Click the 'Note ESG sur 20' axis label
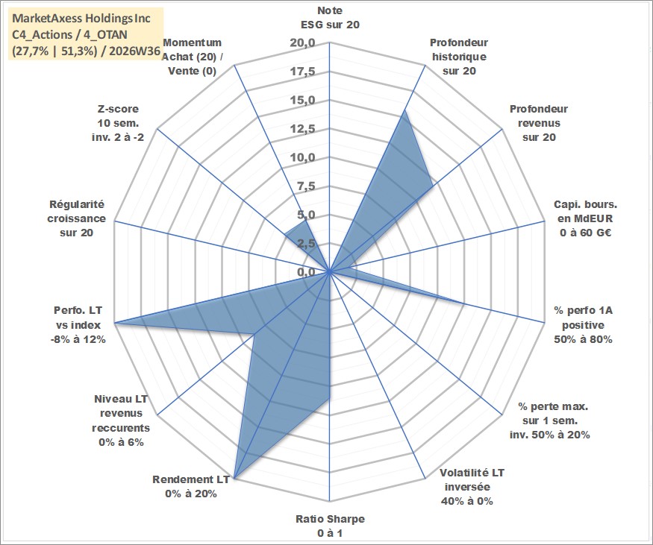pyautogui.click(x=330, y=17)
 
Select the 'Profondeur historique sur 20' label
pyautogui.click(x=459, y=57)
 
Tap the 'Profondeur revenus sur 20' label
pyautogui.click(x=539, y=123)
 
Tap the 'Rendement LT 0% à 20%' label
pyautogui.click(x=191, y=487)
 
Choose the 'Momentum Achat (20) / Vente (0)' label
pyautogui.click(x=192, y=57)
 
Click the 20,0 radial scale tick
pyautogui.click(x=302, y=43)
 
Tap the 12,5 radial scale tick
pyautogui.click(x=303, y=130)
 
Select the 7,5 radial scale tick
pyautogui.click(x=307, y=187)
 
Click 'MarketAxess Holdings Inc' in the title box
pyautogui.click(x=81, y=19)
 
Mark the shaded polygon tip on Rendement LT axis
pyautogui.click(x=235, y=479)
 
